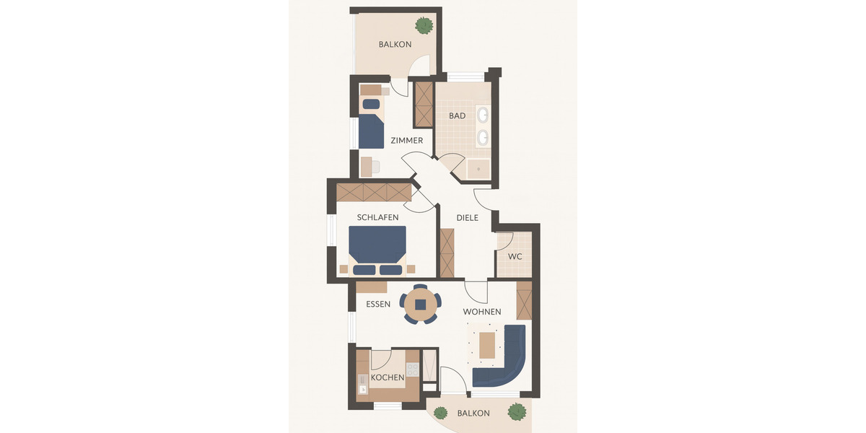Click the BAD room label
point(457,115)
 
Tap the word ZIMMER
point(407,140)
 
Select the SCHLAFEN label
point(377,216)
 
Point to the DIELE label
point(468,217)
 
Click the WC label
point(515,256)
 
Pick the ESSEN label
point(378,304)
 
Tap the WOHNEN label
point(482,311)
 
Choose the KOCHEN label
point(388,377)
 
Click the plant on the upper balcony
point(424,26)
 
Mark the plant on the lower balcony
point(517,412)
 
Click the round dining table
point(420,305)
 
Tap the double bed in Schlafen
point(377,250)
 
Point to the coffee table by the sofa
point(488,344)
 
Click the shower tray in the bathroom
point(478,168)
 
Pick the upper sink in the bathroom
point(482,115)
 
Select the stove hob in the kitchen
point(413,369)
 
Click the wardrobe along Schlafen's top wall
point(373,192)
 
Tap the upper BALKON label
point(395,44)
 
